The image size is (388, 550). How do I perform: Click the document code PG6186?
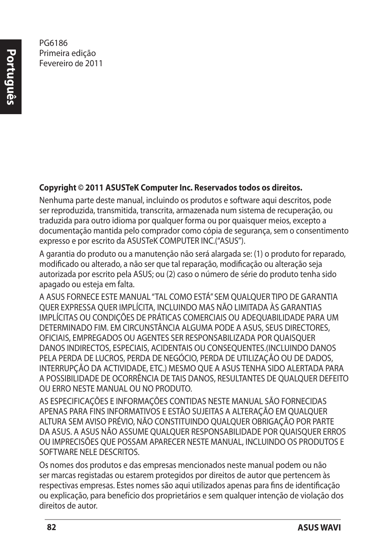click(x=53, y=43)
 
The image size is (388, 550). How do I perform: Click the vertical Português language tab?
click(x=11, y=77)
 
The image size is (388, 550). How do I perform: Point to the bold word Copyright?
click(x=57, y=188)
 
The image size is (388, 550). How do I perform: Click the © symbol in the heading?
click(x=81, y=188)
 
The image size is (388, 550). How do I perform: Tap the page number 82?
click(x=51, y=527)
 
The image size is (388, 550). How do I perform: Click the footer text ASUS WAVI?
click(x=319, y=528)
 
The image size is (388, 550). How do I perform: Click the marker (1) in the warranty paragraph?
click(x=258, y=254)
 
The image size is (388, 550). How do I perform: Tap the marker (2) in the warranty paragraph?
click(x=170, y=274)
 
